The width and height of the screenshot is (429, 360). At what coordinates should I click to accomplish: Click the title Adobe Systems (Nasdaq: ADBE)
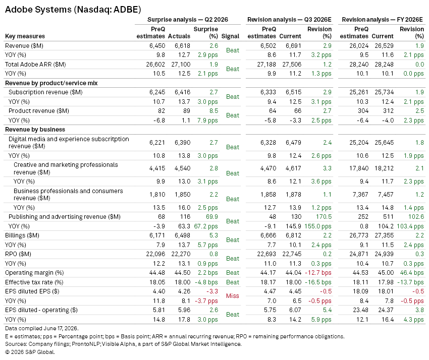click(x=73, y=10)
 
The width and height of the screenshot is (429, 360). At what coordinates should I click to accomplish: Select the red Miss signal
click(x=233, y=296)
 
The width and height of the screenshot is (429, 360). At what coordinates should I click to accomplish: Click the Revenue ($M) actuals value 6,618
click(x=183, y=46)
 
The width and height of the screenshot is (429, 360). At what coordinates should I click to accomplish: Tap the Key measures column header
click(x=25, y=36)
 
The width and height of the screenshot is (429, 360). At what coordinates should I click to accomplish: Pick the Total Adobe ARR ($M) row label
click(x=35, y=65)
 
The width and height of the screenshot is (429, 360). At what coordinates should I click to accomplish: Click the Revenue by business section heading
click(x=35, y=129)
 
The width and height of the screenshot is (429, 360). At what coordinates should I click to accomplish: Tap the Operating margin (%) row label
click(x=34, y=273)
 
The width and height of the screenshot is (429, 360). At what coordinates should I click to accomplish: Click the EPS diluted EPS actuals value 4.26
click(x=184, y=291)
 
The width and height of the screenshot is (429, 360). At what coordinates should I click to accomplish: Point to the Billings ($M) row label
click(x=22, y=235)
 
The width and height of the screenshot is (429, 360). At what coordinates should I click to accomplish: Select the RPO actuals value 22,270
click(x=181, y=254)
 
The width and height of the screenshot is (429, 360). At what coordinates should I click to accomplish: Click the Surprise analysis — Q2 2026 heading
click(x=188, y=20)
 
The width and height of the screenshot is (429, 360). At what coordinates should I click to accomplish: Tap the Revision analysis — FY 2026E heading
click(x=382, y=20)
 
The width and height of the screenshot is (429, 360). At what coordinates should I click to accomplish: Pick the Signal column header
click(x=230, y=36)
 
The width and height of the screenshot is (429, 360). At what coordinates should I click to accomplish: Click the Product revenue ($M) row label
click(x=38, y=111)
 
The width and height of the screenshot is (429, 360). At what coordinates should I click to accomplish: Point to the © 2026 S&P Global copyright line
click(x=30, y=352)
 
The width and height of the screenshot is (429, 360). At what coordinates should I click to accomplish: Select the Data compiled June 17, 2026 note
click(x=41, y=329)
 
